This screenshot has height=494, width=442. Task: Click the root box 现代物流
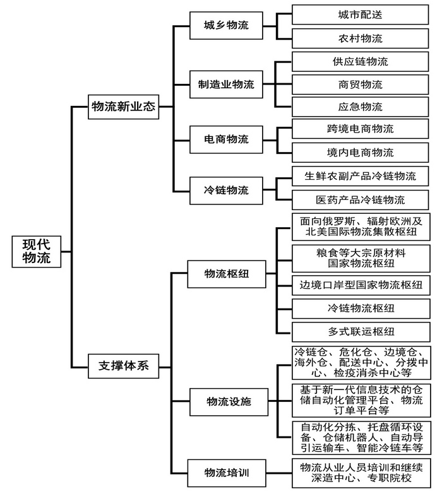click(x=36, y=251)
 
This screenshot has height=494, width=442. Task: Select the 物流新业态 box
click(x=123, y=107)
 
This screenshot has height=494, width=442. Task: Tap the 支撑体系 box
click(x=123, y=366)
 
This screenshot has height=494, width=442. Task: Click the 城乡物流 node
click(x=226, y=25)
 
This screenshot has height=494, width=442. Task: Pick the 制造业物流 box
click(x=226, y=85)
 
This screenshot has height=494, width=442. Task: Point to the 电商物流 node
click(x=226, y=139)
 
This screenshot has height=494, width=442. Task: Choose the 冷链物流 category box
click(x=226, y=191)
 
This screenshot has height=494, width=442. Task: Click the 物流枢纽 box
click(x=226, y=274)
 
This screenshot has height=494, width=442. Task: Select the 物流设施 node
click(x=229, y=402)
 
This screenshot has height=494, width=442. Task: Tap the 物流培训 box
click(x=226, y=473)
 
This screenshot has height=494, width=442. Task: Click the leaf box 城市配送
click(x=360, y=15)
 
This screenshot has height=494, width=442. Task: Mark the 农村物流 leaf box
click(x=360, y=38)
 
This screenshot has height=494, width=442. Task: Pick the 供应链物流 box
click(x=360, y=62)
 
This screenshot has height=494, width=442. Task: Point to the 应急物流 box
click(x=360, y=107)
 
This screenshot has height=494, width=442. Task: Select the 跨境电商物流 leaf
click(x=360, y=129)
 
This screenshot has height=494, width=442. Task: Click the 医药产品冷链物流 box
click(x=360, y=200)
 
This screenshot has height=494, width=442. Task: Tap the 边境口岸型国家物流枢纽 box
click(x=361, y=285)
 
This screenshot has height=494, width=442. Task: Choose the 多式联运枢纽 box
click(x=361, y=332)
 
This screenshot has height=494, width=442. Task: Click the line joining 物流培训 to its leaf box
click(x=279, y=473)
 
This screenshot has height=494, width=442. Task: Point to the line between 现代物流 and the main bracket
click(x=66, y=252)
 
